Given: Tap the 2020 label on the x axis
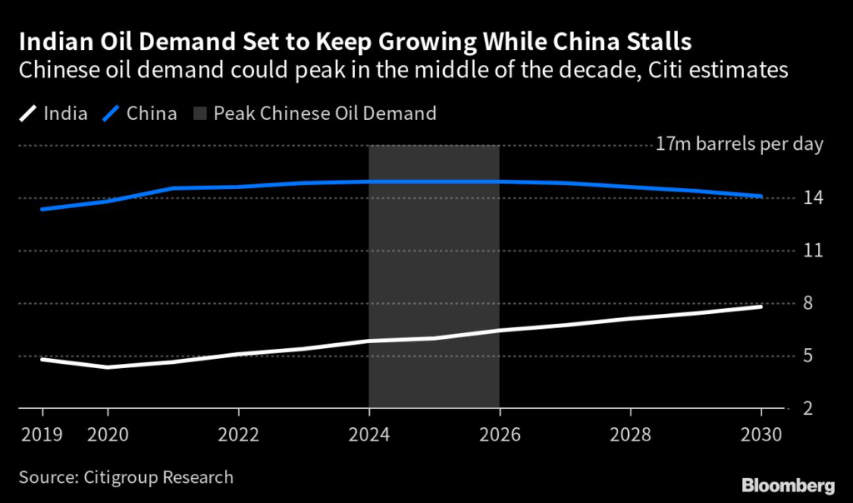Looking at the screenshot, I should point(107,435).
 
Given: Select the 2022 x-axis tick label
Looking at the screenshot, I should point(239,435).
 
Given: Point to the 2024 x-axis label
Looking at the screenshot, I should point(369,435).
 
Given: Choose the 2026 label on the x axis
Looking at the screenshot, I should point(500,435).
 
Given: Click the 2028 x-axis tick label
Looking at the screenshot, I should point(631,435).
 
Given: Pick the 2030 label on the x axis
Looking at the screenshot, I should point(761,435).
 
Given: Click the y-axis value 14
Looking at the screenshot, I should point(814,198).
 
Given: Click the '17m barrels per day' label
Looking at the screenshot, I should point(739,145).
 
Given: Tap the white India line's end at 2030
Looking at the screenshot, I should point(761,307).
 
